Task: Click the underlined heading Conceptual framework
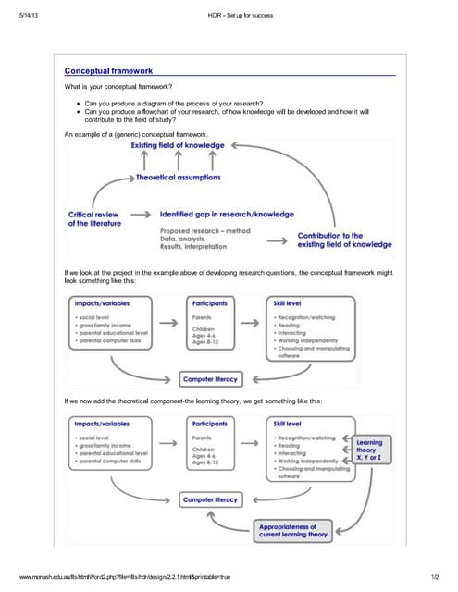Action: [x=108, y=71]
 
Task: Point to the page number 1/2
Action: [x=433, y=576]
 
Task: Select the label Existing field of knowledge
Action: [x=177, y=146]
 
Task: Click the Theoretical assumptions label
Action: [x=179, y=177]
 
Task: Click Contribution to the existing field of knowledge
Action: [x=344, y=240]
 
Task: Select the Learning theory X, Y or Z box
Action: [x=369, y=450]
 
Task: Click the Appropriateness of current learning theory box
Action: [x=292, y=530]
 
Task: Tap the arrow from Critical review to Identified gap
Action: [x=139, y=214]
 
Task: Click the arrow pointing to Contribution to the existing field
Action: [x=277, y=240]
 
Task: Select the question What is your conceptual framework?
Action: [x=118, y=87]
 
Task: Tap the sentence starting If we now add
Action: [x=193, y=401]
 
